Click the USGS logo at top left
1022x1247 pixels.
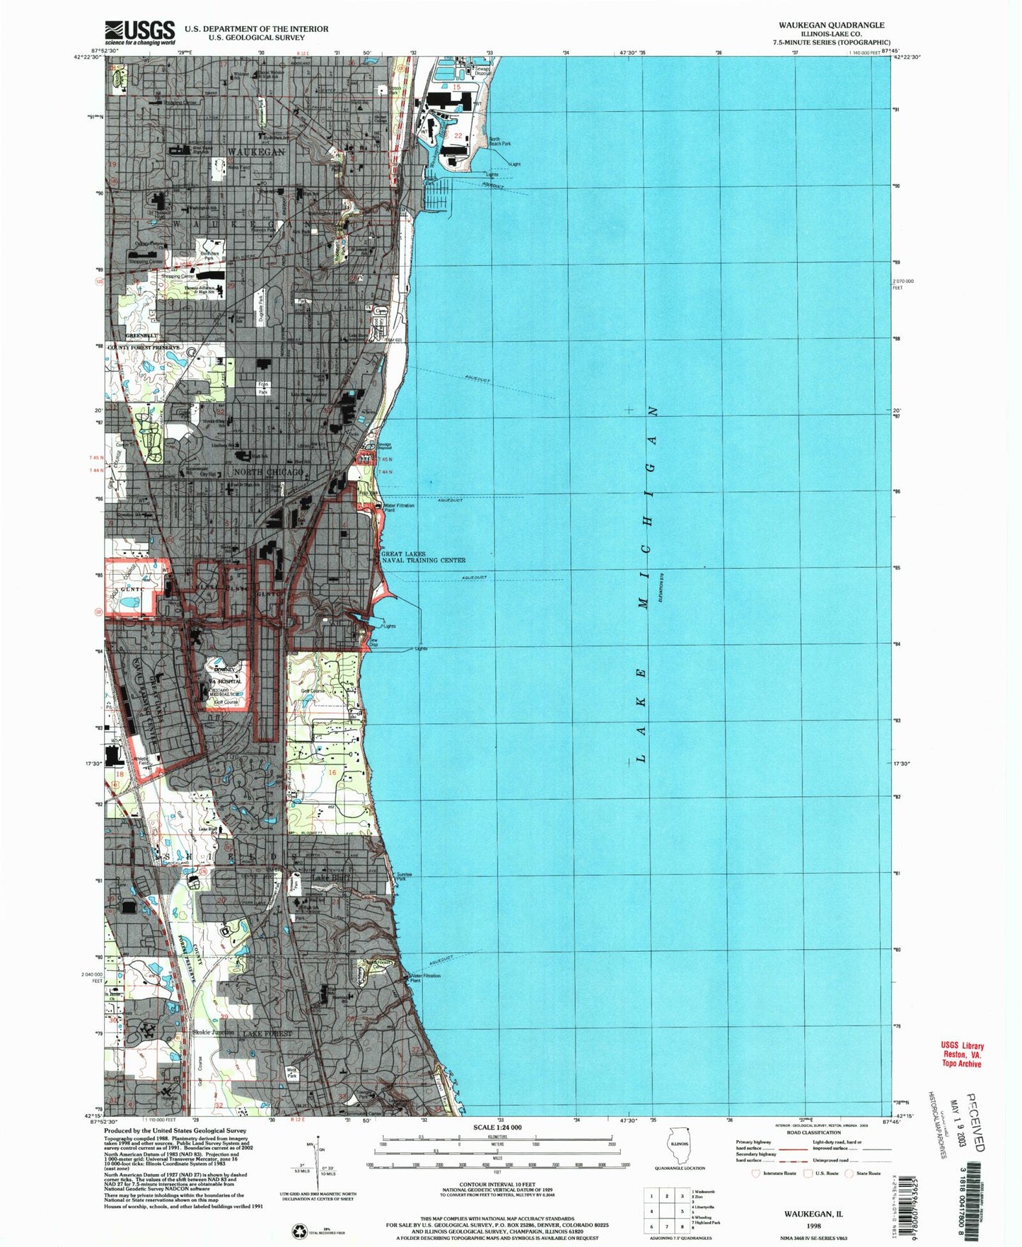140,33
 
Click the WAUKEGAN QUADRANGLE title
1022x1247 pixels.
831,25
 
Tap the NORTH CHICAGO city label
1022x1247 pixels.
268,471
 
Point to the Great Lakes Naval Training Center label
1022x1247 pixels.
423,557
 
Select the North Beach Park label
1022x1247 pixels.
499,142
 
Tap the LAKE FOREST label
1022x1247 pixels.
267,1034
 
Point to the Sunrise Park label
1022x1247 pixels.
405,876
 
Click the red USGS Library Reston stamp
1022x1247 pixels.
961,1055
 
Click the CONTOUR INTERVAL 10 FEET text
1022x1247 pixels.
499,1184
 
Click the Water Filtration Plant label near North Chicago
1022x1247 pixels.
398,507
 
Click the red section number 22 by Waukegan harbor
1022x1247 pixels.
458,136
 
